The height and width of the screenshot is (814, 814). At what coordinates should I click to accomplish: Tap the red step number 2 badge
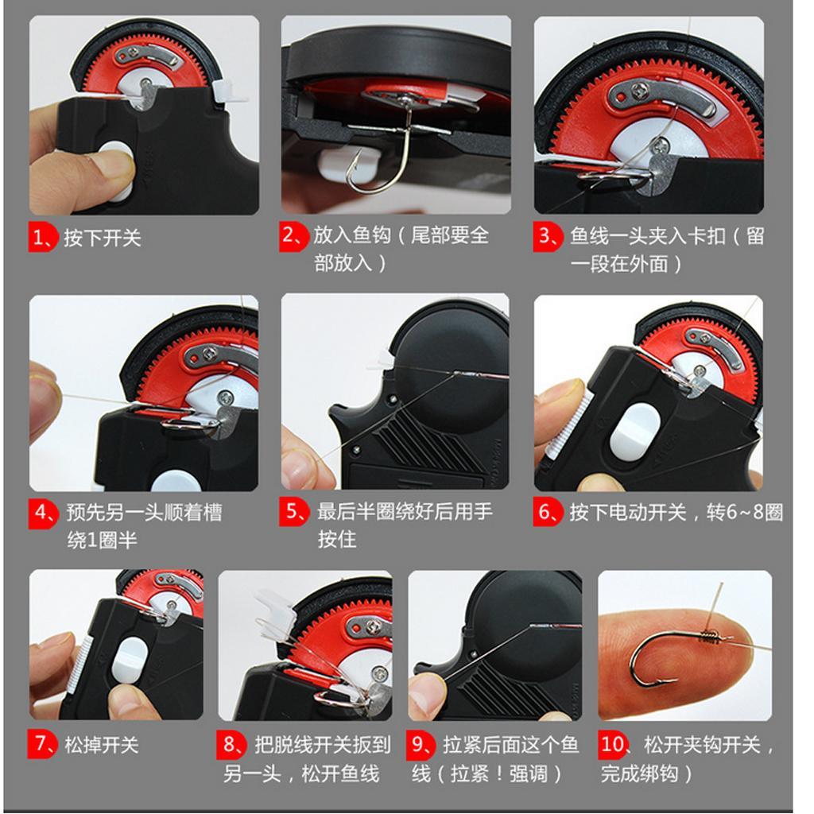click(294, 236)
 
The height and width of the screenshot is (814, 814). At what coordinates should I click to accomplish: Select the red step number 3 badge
click(548, 237)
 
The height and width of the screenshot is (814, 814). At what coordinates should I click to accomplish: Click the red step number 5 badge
click(294, 511)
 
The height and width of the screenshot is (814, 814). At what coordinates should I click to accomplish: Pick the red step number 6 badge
click(548, 513)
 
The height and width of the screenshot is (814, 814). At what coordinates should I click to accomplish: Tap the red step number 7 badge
click(41, 744)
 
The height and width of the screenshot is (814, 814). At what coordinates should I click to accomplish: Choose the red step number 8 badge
click(231, 744)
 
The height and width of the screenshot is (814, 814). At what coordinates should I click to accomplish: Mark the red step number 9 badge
click(420, 744)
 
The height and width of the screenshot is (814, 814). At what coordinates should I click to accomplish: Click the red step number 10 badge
click(613, 744)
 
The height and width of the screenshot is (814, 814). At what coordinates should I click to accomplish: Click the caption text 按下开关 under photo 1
click(103, 238)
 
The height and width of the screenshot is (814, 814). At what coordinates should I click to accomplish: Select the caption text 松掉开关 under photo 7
click(101, 745)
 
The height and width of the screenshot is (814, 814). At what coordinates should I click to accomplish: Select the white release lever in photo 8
click(275, 614)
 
